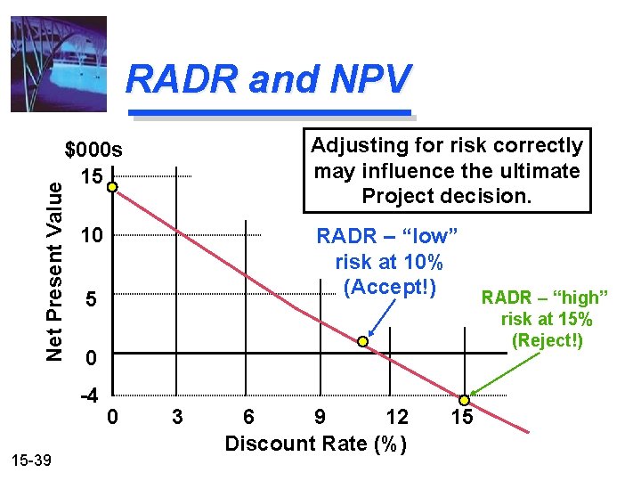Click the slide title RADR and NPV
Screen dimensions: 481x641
point(269,79)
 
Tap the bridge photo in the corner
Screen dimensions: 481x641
point(58,64)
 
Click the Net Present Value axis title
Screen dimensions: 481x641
point(55,267)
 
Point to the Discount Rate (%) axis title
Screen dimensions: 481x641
point(316,443)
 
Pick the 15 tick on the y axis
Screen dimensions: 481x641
point(91,176)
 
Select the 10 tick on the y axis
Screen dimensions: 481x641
point(91,236)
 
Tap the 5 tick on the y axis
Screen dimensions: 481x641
point(90,300)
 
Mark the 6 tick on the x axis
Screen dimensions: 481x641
point(248,416)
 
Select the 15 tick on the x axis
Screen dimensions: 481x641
point(462,416)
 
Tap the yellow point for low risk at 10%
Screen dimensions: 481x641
point(363,342)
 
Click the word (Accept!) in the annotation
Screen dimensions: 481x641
point(389,287)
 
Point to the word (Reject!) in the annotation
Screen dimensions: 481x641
point(547,339)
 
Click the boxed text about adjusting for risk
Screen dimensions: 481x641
point(447,170)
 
